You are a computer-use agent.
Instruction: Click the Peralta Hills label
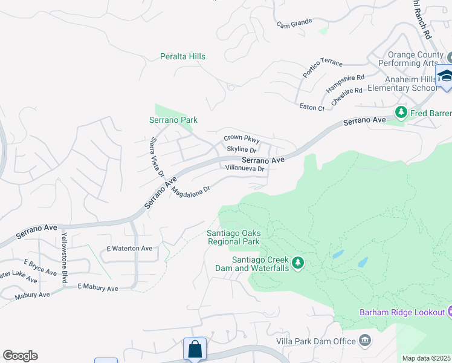pos(182,56)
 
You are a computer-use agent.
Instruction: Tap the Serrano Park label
pos(173,120)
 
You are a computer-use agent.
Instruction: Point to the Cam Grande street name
pos(294,23)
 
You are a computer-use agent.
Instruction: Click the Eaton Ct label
pos(312,107)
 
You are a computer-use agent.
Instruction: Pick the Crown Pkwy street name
pos(242,139)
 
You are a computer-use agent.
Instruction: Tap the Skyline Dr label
pos(242,149)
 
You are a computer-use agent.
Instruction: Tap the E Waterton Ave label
pos(129,249)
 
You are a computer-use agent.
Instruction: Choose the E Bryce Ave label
pos(40,267)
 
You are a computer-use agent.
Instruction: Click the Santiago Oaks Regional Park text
pos(233,237)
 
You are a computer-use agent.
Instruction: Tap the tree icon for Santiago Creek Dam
pos(297,263)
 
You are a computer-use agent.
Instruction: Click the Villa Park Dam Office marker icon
pos(364,341)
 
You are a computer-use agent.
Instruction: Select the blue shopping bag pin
pos(195,349)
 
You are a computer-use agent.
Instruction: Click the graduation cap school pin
pos(445,76)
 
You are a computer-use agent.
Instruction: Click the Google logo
pos(20,355)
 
